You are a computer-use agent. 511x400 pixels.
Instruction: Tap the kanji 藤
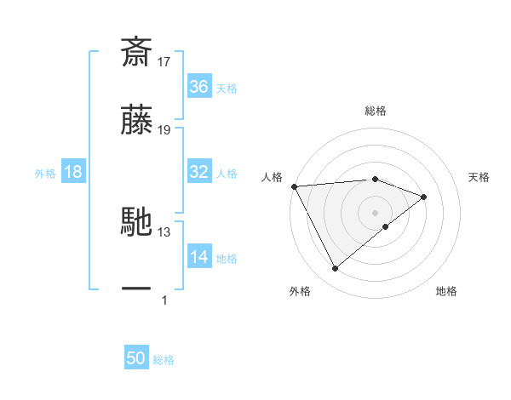tap(136, 123)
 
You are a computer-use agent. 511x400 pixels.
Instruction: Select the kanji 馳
tap(136, 223)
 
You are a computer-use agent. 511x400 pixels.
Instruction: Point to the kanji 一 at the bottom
tap(136, 289)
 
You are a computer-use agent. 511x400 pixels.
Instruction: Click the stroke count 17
tap(164, 61)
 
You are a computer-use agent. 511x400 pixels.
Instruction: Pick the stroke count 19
tap(164, 130)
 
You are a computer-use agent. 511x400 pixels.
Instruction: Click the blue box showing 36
tap(198, 87)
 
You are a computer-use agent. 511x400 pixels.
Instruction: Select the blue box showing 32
tap(198, 172)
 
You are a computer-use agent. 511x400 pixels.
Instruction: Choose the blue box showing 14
tap(198, 257)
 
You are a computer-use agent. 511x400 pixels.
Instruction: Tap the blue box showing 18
tap(73, 172)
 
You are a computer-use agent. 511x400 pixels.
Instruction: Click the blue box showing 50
tap(136, 358)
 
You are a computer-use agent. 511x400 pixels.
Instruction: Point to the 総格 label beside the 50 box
tap(164, 360)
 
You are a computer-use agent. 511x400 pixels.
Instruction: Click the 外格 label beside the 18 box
tap(45, 174)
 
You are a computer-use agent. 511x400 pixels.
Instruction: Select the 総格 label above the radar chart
tap(376, 111)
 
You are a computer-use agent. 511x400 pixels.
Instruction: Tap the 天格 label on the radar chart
tap(479, 177)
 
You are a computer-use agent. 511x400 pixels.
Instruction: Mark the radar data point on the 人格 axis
tap(294, 186)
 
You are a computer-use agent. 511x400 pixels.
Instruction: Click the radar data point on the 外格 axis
tap(335, 269)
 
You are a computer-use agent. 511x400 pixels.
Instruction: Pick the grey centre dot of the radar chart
tap(376, 212)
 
